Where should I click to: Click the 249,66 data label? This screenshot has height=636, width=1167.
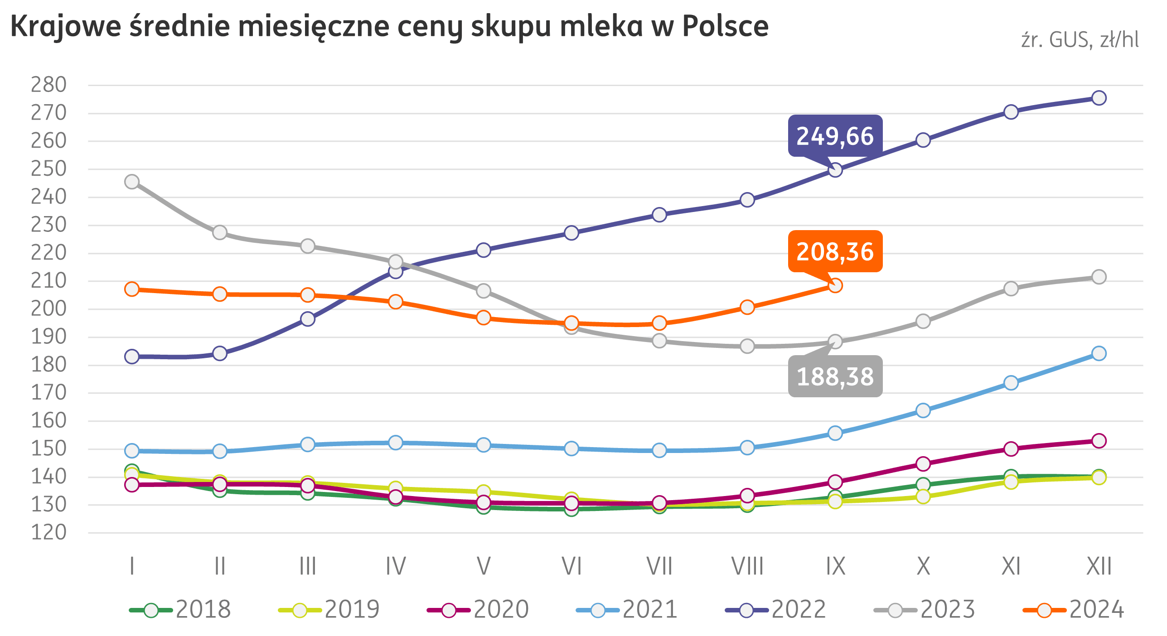tap(835, 136)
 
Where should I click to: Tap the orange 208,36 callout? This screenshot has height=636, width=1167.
tap(835, 251)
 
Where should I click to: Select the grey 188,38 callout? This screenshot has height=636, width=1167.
tap(835, 376)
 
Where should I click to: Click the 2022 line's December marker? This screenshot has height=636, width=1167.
tap(1099, 98)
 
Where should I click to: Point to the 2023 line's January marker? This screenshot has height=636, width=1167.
tap(132, 182)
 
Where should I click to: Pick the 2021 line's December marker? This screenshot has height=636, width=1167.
tap(1099, 353)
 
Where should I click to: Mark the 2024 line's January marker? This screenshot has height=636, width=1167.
tap(132, 289)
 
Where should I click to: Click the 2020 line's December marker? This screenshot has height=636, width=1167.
tap(1099, 441)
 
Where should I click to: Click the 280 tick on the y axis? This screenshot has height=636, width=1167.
tap(48, 85)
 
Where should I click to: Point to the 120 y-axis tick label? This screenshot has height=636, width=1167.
tap(48, 532)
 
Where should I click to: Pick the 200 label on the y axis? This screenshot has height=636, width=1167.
tap(48, 309)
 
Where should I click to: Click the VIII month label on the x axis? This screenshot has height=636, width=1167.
tap(747, 566)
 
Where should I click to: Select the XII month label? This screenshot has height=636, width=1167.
tap(1099, 566)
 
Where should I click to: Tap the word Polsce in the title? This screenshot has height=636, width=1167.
tap(725, 26)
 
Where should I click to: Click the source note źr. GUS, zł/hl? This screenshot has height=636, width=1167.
tap(1080, 40)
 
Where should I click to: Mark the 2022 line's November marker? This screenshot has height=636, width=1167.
tap(1011, 112)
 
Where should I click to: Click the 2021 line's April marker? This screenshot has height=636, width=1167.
tap(396, 443)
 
